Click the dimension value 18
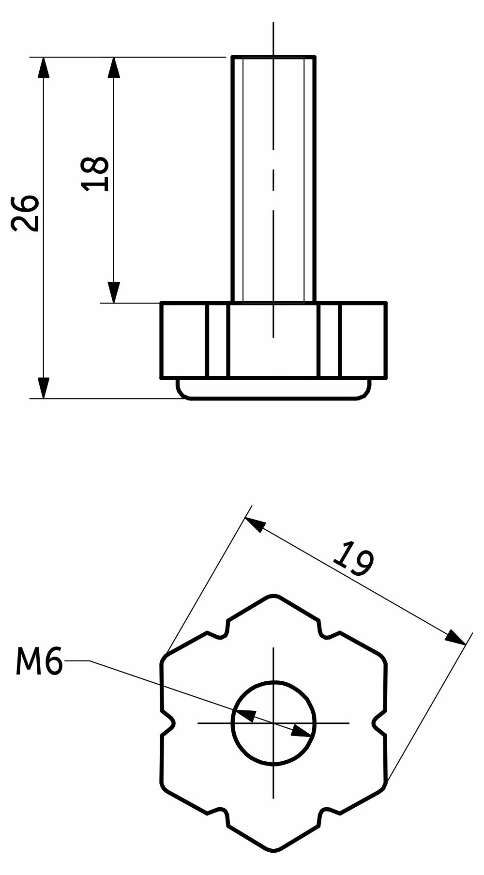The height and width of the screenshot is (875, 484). (x=95, y=174)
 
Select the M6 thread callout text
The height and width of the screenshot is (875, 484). (x=39, y=662)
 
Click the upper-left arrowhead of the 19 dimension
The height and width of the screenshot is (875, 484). (x=256, y=525)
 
